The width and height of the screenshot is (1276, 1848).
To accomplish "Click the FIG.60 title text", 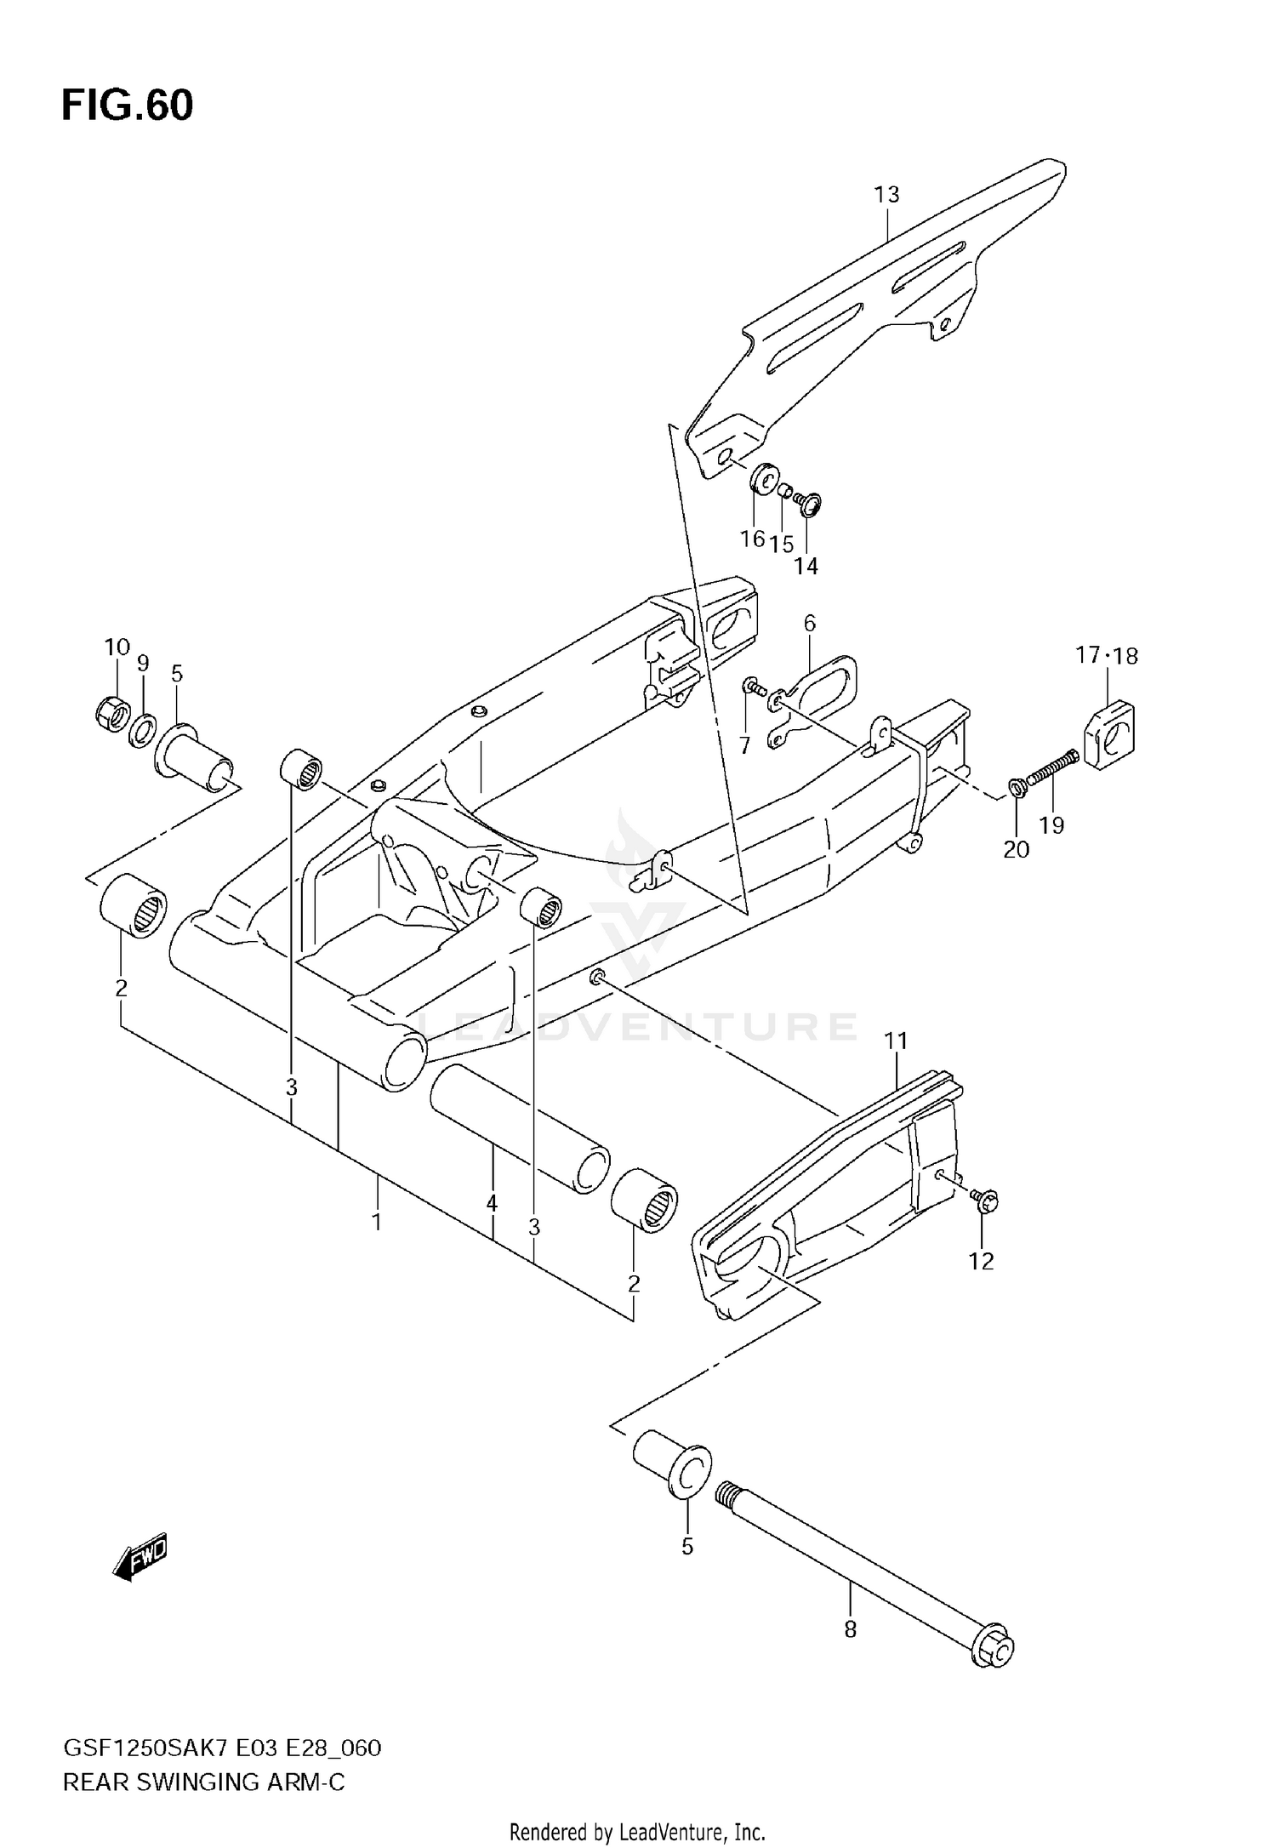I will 128,106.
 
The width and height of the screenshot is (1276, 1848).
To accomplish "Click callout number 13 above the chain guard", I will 886,195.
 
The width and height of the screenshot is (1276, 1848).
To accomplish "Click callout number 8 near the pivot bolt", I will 850,1629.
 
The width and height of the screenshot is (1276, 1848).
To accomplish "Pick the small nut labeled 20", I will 1016,788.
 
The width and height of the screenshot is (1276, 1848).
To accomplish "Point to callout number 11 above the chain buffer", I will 896,1041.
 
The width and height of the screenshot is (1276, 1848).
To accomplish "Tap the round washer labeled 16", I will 763,479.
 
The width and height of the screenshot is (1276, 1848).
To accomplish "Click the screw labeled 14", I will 809,505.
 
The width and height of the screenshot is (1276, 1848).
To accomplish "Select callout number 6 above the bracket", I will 809,624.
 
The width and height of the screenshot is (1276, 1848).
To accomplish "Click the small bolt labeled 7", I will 752,685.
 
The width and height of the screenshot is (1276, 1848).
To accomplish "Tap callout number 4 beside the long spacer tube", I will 492,1203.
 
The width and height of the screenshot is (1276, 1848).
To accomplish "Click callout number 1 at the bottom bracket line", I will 376,1223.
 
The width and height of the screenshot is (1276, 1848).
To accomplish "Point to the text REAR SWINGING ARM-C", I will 204,1782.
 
